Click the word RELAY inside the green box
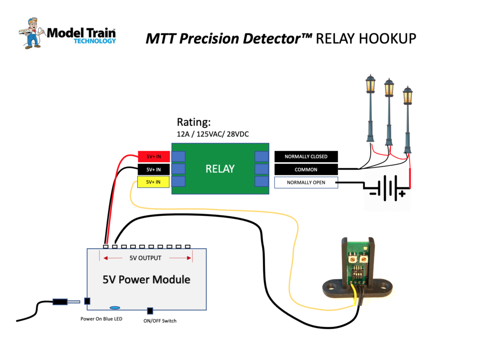[220, 169]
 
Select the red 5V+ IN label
[153, 157]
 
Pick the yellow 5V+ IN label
[153, 182]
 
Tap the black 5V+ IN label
[153, 169]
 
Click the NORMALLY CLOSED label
[306, 157]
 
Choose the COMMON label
[306, 169]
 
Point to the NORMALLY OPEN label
[306, 182]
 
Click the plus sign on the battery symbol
[403, 193]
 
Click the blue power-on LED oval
[115, 308]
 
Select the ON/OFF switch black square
[150, 311]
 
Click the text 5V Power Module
[147, 280]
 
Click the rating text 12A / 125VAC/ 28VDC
[212, 134]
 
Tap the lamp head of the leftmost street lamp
[371, 84]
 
